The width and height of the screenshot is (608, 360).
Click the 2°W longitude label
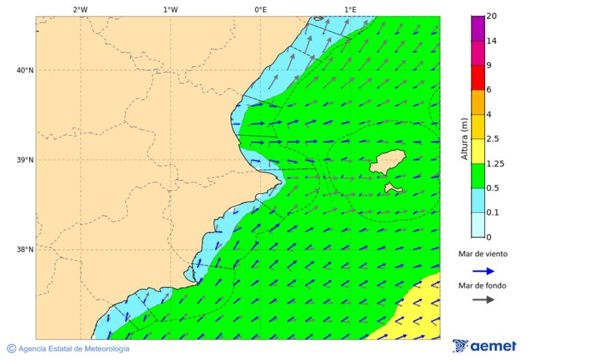pos(80,9)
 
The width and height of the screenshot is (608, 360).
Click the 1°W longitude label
pos(170,9)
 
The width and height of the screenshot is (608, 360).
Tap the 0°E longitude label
pos(260,9)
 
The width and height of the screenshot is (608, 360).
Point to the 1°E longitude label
pos(350,9)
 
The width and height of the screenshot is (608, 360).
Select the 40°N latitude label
pos(25,70)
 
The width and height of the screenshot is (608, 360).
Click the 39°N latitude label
pos(25,160)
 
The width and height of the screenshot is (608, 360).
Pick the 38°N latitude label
pos(25,250)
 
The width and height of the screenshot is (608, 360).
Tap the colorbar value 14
pos(492,41)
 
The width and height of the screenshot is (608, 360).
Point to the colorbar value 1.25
pos(496,163)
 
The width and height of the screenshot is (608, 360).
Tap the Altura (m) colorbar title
pos(464,138)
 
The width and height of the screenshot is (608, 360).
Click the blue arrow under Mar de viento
pos(483,271)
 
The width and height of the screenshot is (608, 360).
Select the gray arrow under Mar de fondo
pos(483,300)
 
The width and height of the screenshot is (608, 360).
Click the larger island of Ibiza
pos(387,161)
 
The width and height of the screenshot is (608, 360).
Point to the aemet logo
pos(484,346)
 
